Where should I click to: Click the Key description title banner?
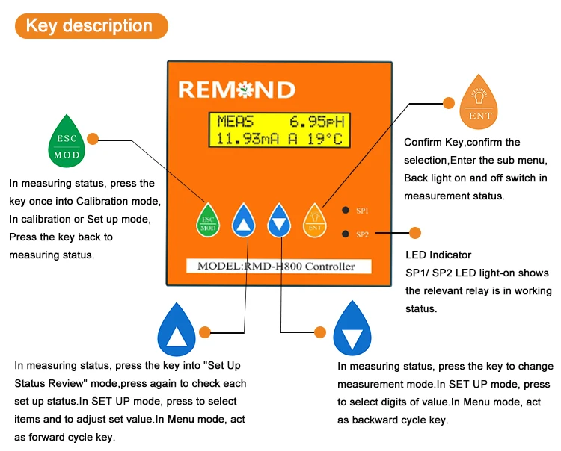[x=90, y=26]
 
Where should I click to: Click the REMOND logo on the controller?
[x=236, y=90]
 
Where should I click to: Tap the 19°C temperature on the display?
[x=326, y=139]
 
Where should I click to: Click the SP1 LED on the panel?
[x=346, y=211]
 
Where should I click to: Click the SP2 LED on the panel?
[x=346, y=234]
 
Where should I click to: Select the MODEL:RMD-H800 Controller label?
[x=276, y=267]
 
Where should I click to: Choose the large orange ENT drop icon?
[x=480, y=102]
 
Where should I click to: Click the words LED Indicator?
[x=438, y=255]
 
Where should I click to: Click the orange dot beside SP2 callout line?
[x=415, y=234]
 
